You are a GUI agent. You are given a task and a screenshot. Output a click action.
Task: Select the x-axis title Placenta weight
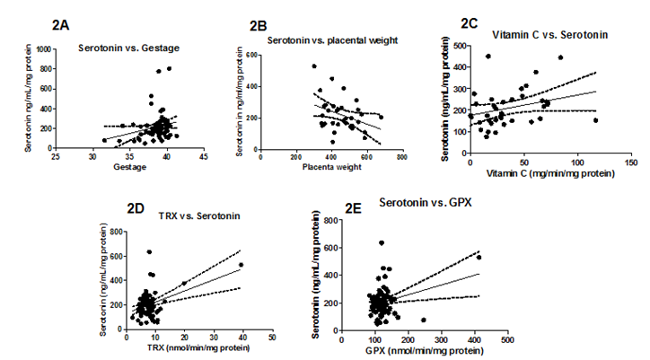[x=331, y=168]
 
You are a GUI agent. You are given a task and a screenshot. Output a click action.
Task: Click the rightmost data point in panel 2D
[x=241, y=265]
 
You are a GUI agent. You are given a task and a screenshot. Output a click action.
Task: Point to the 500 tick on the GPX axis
[x=507, y=340]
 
